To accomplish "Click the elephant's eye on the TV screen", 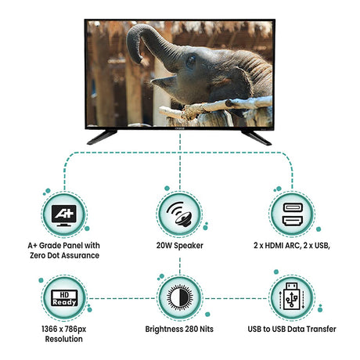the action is pos(191,61).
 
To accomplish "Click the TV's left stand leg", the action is pos(102,137).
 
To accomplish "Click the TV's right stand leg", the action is pos(256,138).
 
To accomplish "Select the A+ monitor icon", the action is pos(64,215).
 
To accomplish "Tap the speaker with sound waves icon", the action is pos(179,214).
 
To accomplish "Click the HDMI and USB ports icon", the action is pos(293,214).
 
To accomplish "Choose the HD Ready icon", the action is pos(64,298).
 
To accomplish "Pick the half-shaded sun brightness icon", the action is pos(180,297).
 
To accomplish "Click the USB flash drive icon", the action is pos(292,297).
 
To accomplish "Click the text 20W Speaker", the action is pos(179,246).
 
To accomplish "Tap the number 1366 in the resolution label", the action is pos(49,329).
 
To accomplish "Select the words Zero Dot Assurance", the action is pos(64,255).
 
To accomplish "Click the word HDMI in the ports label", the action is pos(274,246).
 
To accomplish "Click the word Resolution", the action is pos(64,339).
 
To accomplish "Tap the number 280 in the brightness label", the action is pos(192,329).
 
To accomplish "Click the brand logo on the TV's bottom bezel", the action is pos(179,128).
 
